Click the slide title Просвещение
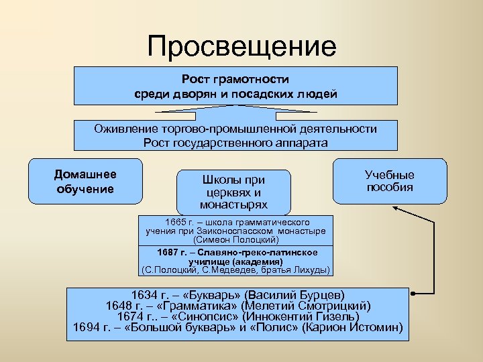[241, 46]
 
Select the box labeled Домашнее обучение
[85, 181]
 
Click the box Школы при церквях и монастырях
[233, 192]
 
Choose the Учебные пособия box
[390, 181]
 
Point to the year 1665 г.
[179, 222]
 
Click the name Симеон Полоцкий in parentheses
[235, 239]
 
